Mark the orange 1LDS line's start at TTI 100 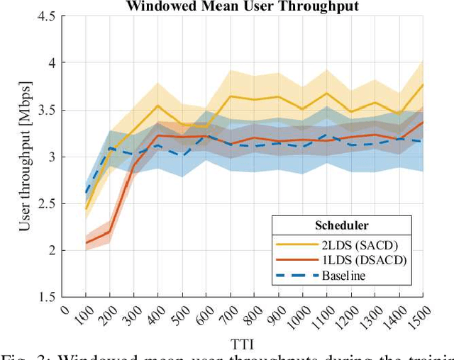click(x=86, y=243)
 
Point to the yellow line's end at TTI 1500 click(x=423, y=84)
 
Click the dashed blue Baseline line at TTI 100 click(x=86, y=192)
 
